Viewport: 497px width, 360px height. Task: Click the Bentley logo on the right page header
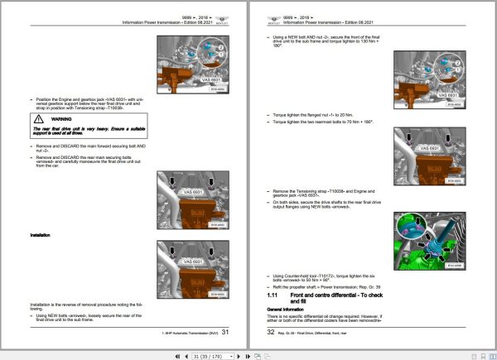pos(274,18)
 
